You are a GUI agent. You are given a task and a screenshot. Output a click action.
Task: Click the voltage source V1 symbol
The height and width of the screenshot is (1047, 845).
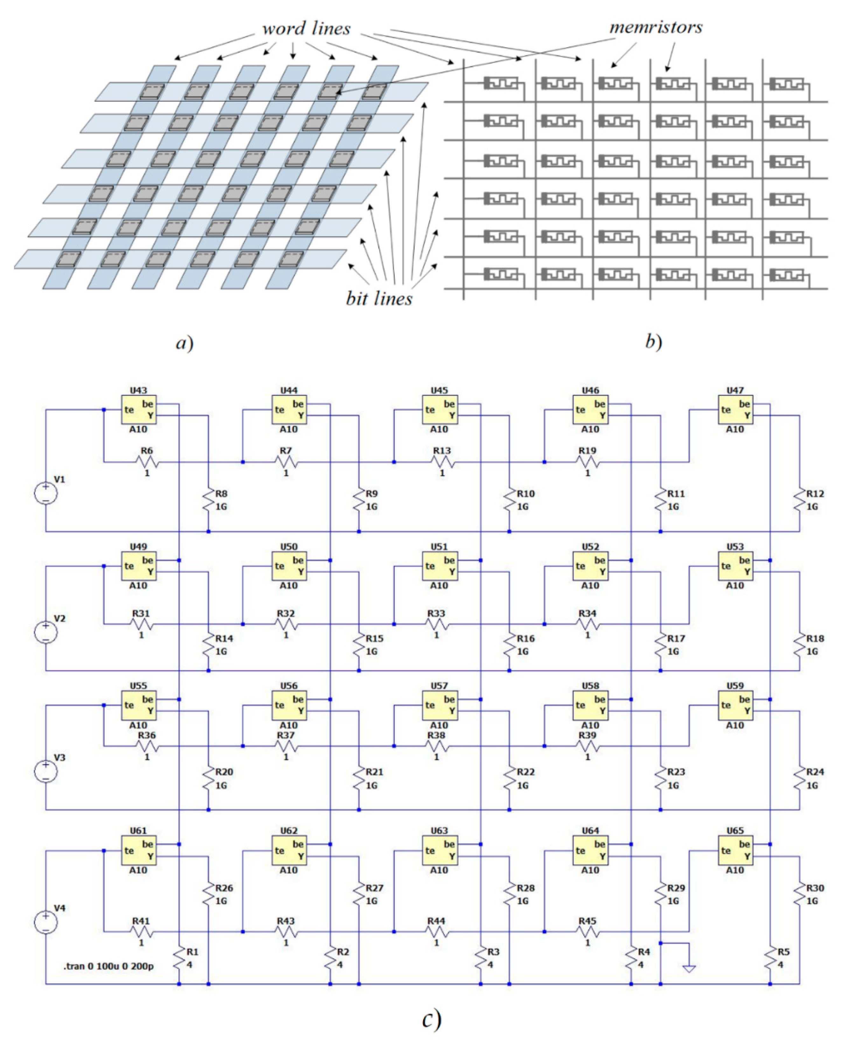pyautogui.click(x=46, y=493)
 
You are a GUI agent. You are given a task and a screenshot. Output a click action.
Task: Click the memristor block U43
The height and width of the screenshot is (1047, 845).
pyautogui.click(x=138, y=410)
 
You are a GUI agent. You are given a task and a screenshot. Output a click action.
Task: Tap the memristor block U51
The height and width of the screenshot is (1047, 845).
pyautogui.click(x=439, y=566)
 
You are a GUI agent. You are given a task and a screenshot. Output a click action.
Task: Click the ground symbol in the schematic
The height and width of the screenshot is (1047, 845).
pyautogui.click(x=689, y=969)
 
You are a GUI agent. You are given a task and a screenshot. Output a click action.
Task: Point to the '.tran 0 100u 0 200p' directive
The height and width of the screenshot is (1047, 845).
pyautogui.click(x=108, y=966)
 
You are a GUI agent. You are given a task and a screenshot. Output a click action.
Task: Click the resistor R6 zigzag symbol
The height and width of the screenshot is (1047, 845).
pyautogui.click(x=147, y=461)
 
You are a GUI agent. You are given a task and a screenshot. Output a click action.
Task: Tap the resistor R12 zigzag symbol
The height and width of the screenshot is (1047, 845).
pyautogui.click(x=799, y=500)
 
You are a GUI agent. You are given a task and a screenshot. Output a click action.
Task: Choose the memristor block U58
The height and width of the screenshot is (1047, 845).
pyautogui.click(x=590, y=705)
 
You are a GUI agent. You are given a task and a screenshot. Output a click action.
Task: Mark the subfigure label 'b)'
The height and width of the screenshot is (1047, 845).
pyautogui.click(x=653, y=342)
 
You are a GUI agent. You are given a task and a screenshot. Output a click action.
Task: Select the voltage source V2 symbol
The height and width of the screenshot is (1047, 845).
pyautogui.click(x=46, y=632)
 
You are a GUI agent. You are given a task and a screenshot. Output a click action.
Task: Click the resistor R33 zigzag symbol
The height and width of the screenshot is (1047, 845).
pyautogui.click(x=436, y=624)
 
